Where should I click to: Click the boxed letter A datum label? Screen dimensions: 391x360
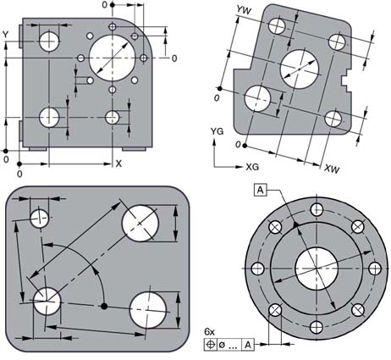click(x=261, y=190)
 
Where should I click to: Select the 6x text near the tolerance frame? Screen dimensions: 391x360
click(x=209, y=332)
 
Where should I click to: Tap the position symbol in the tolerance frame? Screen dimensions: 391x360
click(x=211, y=345)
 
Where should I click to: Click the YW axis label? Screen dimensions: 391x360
click(x=244, y=10)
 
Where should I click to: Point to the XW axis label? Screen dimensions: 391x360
click(x=332, y=169)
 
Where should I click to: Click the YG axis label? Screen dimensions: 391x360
click(x=218, y=131)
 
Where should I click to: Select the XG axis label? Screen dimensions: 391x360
click(x=252, y=167)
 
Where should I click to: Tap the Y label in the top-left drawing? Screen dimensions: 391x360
click(x=5, y=35)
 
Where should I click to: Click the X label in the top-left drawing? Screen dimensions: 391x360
click(x=118, y=163)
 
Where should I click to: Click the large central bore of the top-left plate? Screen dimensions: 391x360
click(x=112, y=58)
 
